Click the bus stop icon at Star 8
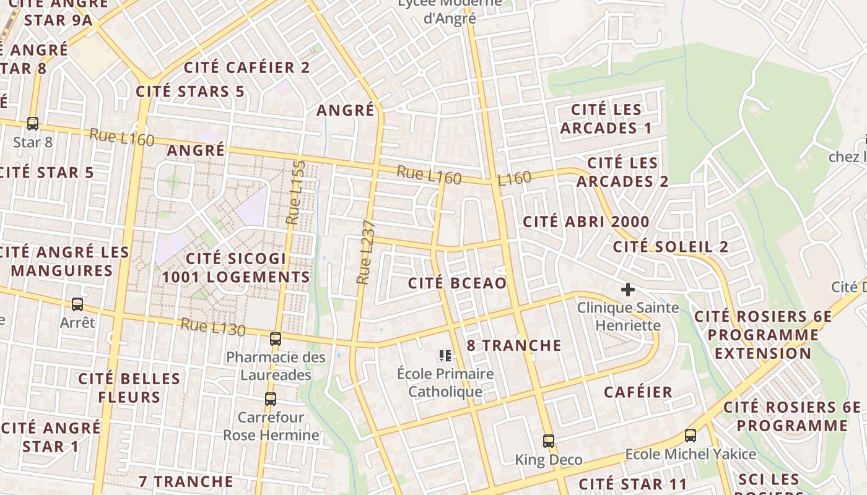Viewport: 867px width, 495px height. click(x=33, y=124)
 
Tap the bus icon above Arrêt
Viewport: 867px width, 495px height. click(x=77, y=304)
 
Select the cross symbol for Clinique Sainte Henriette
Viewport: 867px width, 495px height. click(x=628, y=289)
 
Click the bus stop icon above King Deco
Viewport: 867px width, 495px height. click(x=549, y=441)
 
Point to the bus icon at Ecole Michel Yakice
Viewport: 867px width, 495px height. click(x=691, y=436)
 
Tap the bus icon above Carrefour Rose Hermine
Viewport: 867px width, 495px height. click(x=271, y=399)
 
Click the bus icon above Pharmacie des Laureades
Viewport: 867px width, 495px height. click(x=276, y=339)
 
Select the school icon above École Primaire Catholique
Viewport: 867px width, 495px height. click(x=445, y=356)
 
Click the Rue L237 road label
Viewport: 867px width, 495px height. click(x=365, y=252)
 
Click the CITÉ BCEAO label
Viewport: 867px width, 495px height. click(x=457, y=283)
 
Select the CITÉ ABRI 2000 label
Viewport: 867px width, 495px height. click(x=586, y=222)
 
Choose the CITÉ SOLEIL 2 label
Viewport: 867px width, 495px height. click(x=671, y=246)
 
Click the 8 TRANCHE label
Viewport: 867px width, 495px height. click(x=514, y=345)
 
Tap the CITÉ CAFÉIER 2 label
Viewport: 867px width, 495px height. click(x=247, y=67)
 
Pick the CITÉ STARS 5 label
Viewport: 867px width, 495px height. click(x=190, y=92)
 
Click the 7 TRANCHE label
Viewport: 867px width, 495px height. click(x=186, y=481)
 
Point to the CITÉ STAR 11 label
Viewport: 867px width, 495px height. click(x=633, y=484)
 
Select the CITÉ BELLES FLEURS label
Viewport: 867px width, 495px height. click(x=129, y=387)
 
